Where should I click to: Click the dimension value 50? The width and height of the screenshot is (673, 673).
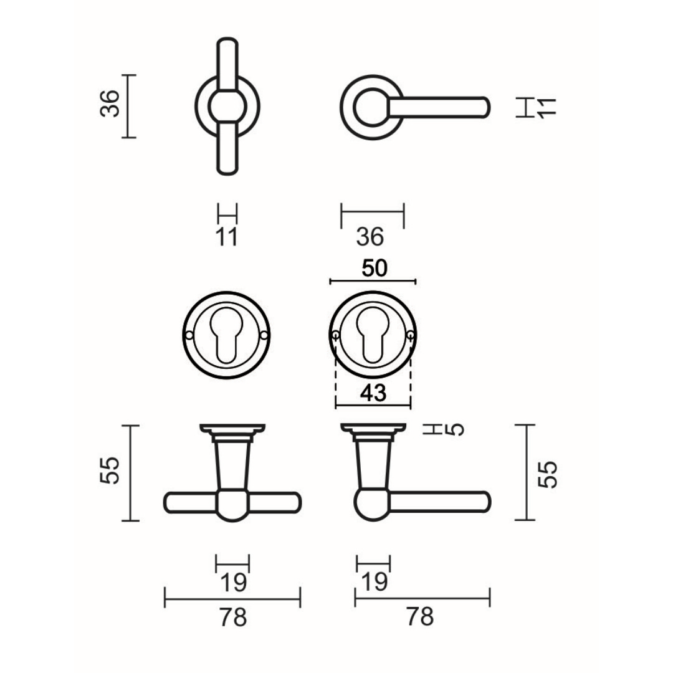[375, 268]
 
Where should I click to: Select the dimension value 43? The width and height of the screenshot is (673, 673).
[373, 393]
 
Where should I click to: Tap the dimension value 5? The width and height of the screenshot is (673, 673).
[454, 429]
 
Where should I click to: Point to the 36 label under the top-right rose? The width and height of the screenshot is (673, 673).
[370, 237]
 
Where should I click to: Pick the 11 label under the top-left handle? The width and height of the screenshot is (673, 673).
[226, 237]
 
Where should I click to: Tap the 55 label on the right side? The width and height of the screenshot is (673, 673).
[548, 474]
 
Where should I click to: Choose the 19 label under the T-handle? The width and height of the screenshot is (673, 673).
[233, 583]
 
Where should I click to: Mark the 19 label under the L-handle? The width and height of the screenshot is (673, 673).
[375, 581]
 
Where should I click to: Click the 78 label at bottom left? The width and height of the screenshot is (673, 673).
[233, 618]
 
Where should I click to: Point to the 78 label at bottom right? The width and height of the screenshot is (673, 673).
[420, 617]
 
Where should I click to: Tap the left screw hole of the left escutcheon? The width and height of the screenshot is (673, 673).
[189, 335]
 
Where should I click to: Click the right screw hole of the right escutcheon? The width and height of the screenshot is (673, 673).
[411, 335]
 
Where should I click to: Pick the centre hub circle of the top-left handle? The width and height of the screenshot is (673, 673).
[227, 107]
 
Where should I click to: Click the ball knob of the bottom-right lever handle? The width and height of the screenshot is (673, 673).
[373, 505]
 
